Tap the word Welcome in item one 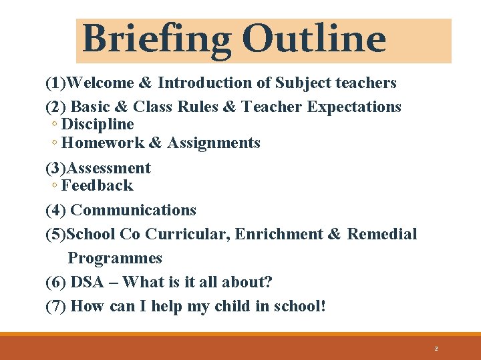(100, 83)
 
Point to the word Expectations (354, 107)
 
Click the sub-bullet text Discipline (98, 125)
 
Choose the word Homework (102, 143)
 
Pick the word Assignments (214, 143)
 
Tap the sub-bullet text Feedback (97, 185)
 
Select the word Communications (133, 210)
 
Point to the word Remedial (381, 234)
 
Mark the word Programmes (115, 258)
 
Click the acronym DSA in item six (87, 282)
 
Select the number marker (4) (55, 210)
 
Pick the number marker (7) (55, 307)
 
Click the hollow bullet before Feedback (53, 186)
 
